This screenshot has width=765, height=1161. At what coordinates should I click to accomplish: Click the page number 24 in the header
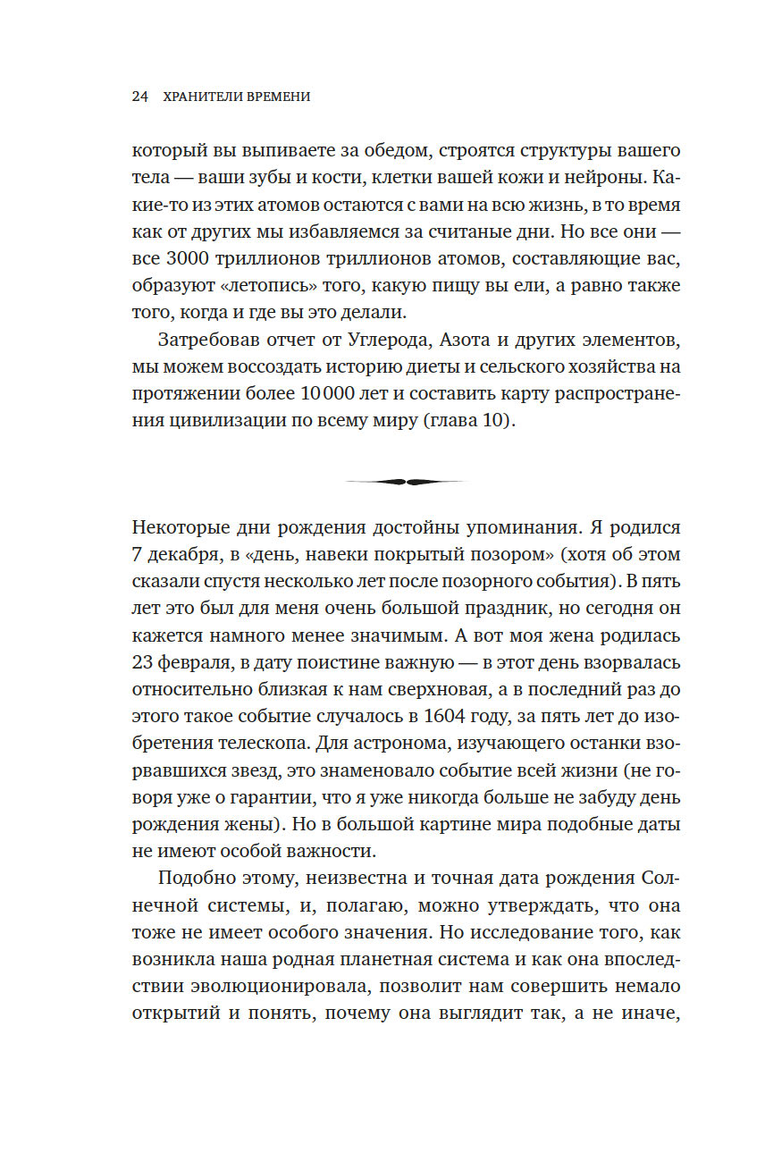click(x=139, y=97)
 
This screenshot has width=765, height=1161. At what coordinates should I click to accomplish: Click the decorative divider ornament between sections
click(x=407, y=482)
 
